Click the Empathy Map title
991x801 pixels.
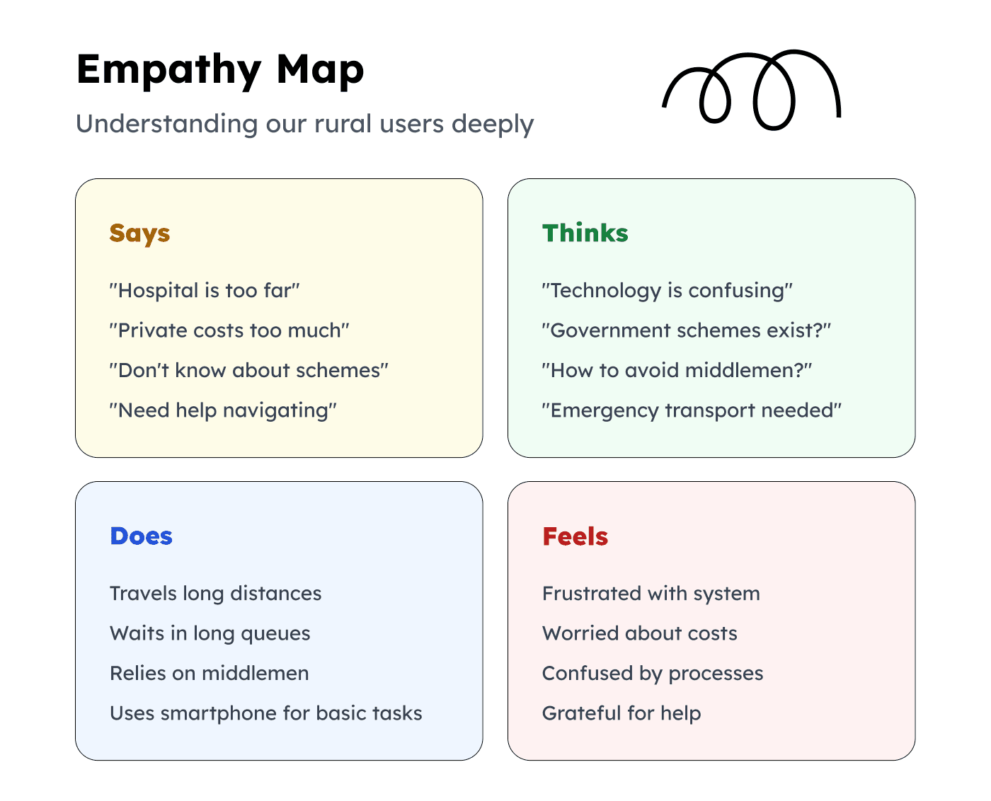point(220,70)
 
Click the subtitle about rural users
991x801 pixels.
point(304,124)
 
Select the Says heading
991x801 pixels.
point(139,233)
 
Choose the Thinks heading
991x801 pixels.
point(585,233)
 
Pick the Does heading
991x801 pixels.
point(141,536)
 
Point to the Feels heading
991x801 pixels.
point(575,536)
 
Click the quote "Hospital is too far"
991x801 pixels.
point(205,290)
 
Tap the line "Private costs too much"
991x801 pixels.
point(229,330)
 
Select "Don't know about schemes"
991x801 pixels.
point(248,370)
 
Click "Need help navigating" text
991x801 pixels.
point(223,410)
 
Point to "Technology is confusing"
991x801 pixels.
point(667,290)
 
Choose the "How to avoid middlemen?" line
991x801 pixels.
point(676,370)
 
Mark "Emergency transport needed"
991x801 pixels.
point(692,410)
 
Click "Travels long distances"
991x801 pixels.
point(215,593)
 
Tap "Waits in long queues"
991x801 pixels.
point(210,633)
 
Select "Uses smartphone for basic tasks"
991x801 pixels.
point(265,713)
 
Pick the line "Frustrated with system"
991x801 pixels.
point(651,593)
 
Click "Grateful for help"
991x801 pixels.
point(621,713)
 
